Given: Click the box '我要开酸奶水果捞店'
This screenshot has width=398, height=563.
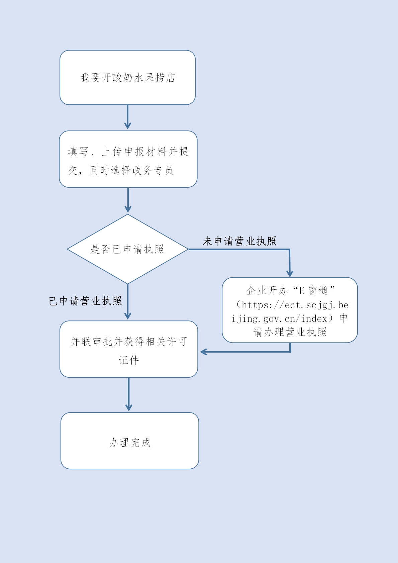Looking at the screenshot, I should (x=127, y=78).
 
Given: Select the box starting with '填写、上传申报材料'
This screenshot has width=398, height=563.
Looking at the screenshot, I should (x=128, y=159).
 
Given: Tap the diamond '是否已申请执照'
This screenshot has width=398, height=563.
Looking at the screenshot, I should (x=127, y=249).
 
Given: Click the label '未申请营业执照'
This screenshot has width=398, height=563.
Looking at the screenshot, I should (x=239, y=241).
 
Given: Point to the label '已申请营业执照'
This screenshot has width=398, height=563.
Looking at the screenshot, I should (x=85, y=301).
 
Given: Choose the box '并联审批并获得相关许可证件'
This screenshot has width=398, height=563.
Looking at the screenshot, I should (x=129, y=349).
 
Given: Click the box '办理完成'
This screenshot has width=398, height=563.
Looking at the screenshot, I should (x=130, y=441).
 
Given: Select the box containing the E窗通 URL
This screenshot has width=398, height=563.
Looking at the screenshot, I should (x=290, y=310).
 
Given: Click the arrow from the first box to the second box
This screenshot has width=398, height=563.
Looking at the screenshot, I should (x=127, y=117).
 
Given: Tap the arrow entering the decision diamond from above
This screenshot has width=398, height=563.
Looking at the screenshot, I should (x=128, y=200).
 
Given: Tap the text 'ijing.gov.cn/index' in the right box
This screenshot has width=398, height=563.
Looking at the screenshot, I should (x=279, y=319).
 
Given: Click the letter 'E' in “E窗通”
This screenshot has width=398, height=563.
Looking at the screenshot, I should (x=302, y=291).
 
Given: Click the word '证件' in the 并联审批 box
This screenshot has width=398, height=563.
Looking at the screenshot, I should (x=129, y=360).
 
